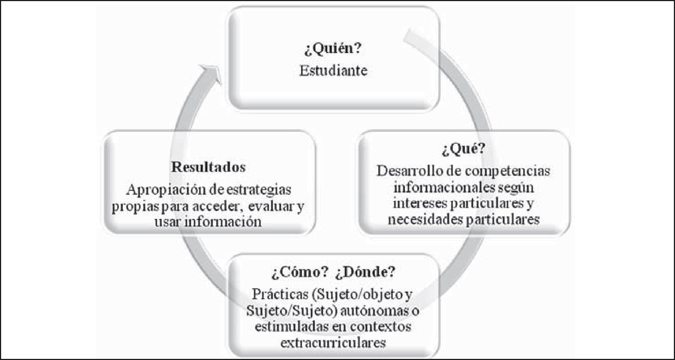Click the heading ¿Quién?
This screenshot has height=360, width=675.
click(333, 49)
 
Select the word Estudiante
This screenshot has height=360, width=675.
click(333, 71)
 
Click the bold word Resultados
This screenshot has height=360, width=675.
click(208, 167)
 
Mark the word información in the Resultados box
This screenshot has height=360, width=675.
click(223, 222)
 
